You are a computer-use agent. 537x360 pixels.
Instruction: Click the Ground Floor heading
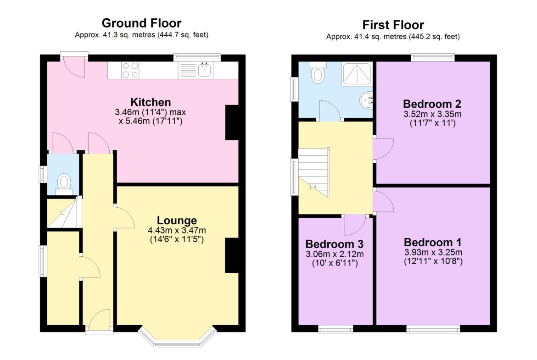141,23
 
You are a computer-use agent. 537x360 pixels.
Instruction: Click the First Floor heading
393,25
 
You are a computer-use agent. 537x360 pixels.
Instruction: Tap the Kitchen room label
151,102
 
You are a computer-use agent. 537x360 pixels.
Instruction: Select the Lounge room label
177,221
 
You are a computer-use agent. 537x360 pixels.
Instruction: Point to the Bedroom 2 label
432,104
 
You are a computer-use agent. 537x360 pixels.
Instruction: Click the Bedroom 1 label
432,242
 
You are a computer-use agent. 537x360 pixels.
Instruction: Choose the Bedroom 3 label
334,244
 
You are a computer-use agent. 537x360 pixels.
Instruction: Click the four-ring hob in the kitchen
130,70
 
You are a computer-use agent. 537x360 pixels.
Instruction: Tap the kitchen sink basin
204,70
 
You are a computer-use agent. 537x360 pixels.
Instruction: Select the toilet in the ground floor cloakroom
64,183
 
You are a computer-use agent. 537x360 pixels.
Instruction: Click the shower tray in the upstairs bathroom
357,73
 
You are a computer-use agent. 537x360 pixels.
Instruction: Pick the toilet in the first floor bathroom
318,73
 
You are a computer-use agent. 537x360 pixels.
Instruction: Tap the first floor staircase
313,172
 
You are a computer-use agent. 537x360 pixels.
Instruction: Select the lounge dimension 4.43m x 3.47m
177,230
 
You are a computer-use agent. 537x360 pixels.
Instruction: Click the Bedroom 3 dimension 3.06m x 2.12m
335,254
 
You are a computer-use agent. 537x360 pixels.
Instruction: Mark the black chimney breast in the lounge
232,255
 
